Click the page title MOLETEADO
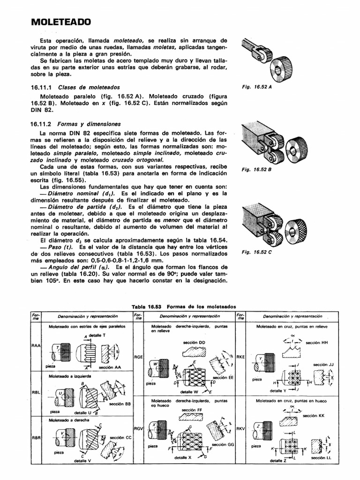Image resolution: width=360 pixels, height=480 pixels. coord(61,22)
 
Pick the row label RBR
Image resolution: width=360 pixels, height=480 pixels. coord(36,438)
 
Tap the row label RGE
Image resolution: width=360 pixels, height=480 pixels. coord(138,357)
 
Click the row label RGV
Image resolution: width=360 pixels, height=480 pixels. coord(138,428)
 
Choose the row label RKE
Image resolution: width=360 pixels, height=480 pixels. coord(241,356)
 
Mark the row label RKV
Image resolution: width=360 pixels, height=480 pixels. coord(241,428)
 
